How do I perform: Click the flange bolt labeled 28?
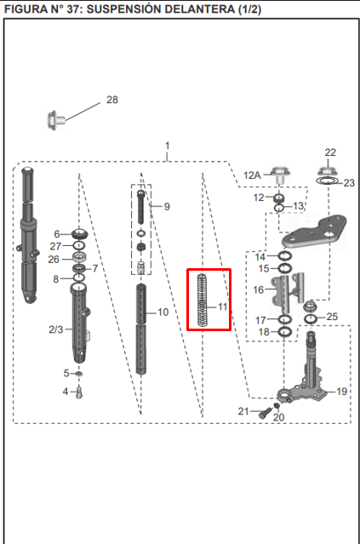[x=56, y=120]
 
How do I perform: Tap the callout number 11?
[x=222, y=306]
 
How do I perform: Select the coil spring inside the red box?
[x=203, y=301]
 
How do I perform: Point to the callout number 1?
[x=167, y=146]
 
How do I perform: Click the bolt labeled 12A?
[x=280, y=175]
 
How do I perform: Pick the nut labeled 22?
[x=326, y=171]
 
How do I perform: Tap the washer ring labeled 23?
[x=328, y=180]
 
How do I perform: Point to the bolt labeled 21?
[x=266, y=413]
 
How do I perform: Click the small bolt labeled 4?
[x=79, y=392]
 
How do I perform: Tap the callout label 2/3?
[x=56, y=329]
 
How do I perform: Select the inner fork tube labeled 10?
[x=140, y=329]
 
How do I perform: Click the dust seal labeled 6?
[x=79, y=234]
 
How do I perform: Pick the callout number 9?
[x=167, y=207]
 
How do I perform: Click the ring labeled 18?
[x=284, y=332]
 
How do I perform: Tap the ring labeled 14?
[x=285, y=256]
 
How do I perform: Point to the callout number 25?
[x=332, y=317]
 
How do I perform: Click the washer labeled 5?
[x=79, y=374]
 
